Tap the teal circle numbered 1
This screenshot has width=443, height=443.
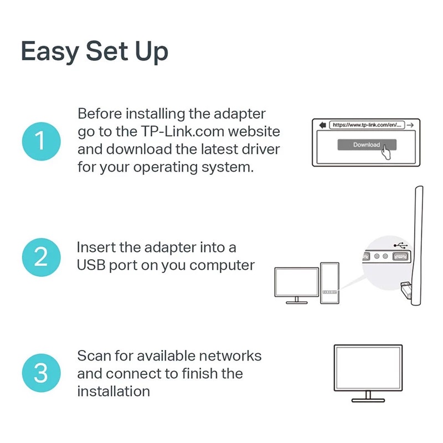coord(40,141)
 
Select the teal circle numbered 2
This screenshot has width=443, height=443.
coord(40,257)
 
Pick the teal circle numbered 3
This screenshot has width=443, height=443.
coord(40,373)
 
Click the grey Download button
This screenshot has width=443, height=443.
coord(366,145)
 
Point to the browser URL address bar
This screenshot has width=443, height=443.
coord(367,125)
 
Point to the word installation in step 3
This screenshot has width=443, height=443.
coord(114,391)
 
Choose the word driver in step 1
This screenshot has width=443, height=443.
coord(261,150)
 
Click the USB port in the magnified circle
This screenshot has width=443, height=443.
coord(399,257)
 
